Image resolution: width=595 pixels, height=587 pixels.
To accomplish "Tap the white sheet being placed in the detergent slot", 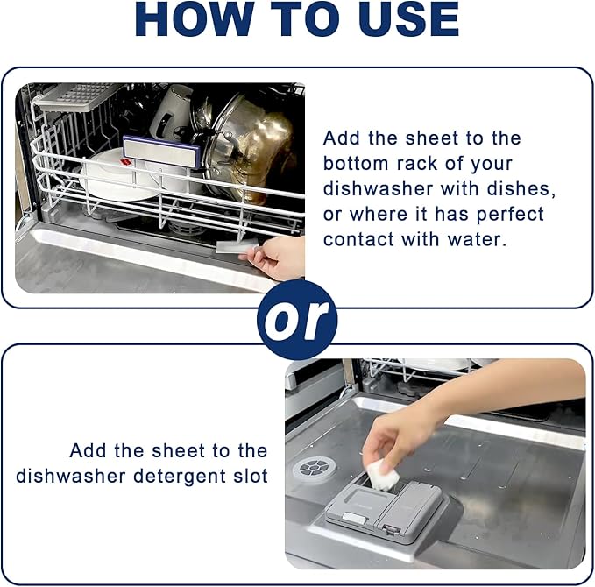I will (382, 475).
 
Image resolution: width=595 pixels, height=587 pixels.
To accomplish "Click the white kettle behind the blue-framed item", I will (170, 114).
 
